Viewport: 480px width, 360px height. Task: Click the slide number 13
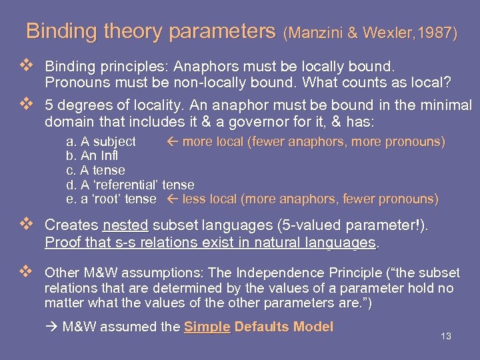click(446, 336)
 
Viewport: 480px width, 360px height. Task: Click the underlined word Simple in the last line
click(207, 327)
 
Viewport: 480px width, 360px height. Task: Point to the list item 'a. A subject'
click(101, 141)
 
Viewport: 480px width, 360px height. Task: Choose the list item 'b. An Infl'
click(95, 156)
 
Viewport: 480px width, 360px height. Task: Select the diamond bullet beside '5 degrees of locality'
click(27, 105)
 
